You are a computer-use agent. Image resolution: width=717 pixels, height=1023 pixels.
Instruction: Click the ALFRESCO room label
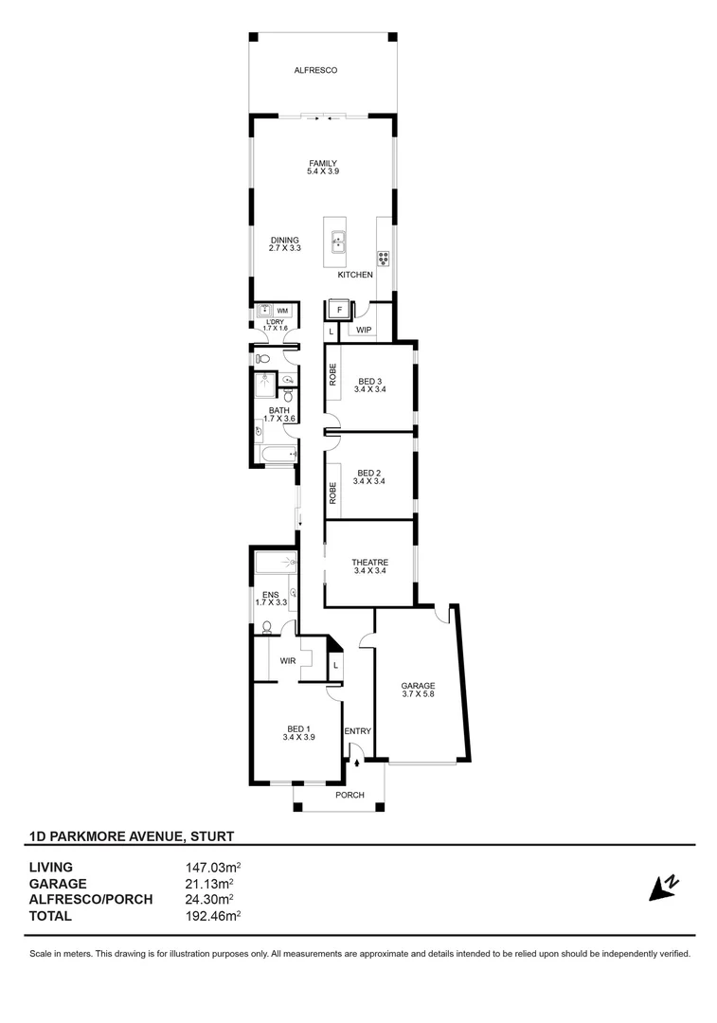tap(315, 71)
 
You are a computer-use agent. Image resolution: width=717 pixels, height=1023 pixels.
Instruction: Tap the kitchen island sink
tap(337, 243)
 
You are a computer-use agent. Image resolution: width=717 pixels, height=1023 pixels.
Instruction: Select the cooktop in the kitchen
tap(384, 256)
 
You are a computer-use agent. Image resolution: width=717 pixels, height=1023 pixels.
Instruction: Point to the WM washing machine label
tap(282, 310)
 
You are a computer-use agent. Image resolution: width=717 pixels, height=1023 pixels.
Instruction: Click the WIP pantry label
tap(363, 331)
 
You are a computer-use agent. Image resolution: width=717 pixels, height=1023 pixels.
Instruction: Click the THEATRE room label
tap(370, 562)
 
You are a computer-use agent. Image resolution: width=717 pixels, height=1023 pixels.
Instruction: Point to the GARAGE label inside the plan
tap(418, 685)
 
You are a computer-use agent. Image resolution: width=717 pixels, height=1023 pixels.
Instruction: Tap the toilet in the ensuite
tap(268, 626)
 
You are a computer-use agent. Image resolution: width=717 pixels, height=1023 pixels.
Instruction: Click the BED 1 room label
tap(299, 728)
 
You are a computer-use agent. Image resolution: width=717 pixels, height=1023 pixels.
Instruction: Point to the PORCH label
tap(350, 795)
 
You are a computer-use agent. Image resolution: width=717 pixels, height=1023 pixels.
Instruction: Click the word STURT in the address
tap(211, 835)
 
